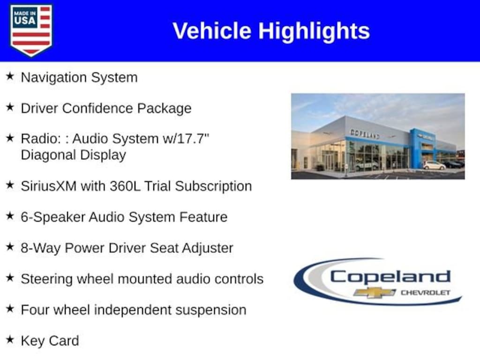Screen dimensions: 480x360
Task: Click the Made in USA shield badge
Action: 31,30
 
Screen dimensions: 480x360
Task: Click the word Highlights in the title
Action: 314,31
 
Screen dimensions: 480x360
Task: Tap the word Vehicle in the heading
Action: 212,31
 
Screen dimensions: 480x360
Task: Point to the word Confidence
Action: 97,108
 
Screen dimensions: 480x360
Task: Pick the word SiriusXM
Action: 48,186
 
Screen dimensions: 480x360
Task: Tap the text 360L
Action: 125,186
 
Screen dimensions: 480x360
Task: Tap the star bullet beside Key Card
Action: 10,339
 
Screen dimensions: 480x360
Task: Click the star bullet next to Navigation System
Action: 10,76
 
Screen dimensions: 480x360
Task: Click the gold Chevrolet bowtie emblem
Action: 374,292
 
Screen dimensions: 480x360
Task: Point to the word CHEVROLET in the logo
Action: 426,292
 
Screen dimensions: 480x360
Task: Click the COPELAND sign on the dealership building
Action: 365,134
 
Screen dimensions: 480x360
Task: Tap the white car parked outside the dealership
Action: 435,165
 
